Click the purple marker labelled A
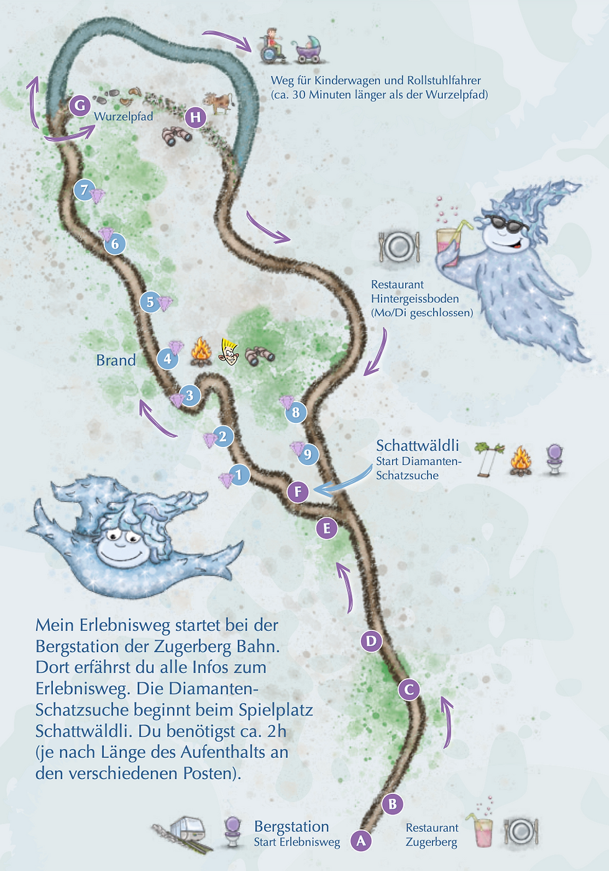click(361, 841)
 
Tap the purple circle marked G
click(80, 106)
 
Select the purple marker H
click(195, 117)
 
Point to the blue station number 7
click(85, 190)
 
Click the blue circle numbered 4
click(167, 359)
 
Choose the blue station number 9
click(308, 454)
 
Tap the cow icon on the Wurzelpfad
click(217, 101)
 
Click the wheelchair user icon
click(272, 46)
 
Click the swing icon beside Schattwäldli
click(489, 459)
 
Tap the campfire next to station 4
click(201, 352)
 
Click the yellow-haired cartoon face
click(229, 352)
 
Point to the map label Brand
click(116, 361)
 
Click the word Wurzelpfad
click(123, 116)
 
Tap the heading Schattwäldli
click(418, 445)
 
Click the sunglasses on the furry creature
click(505, 223)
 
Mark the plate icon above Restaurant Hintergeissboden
click(398, 246)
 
